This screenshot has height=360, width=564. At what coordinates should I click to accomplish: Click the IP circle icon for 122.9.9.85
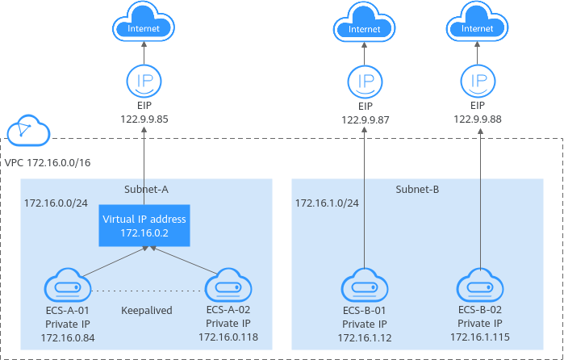click(144, 82)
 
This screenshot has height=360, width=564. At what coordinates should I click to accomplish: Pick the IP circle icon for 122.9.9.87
click(365, 82)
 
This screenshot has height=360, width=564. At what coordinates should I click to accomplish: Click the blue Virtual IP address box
click(144, 225)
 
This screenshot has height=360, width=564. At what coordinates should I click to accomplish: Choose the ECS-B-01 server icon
click(365, 286)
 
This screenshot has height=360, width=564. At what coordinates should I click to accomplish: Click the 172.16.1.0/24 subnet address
click(327, 203)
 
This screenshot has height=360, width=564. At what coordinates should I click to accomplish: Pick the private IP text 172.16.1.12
click(365, 337)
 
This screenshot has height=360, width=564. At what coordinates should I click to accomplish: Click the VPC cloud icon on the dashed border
click(27, 129)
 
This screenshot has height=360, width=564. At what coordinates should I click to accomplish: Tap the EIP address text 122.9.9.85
click(144, 119)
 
